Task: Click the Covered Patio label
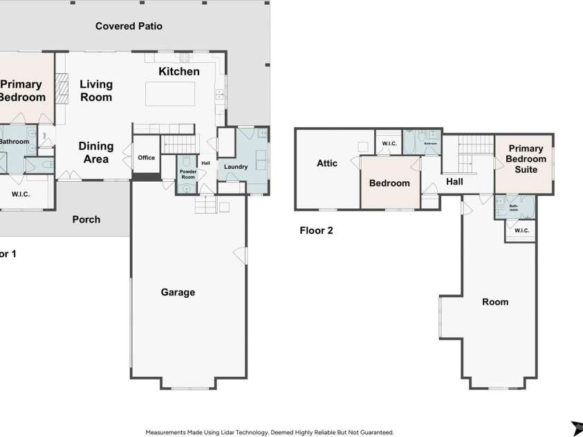coord(129,26)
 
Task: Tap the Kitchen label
coord(179,72)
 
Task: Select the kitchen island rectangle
coord(170,93)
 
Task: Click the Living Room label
coord(95,91)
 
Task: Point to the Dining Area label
coord(95,153)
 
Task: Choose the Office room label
coord(146,158)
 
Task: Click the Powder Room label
coord(187,174)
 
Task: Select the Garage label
coord(178,292)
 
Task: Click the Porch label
coord(86,220)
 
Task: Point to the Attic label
coord(327,163)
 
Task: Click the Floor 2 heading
coord(316,231)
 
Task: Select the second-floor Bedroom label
coord(389,183)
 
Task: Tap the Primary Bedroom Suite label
coord(526,158)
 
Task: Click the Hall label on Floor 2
coord(454,182)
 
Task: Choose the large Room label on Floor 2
coord(494,302)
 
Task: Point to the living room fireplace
coord(62,89)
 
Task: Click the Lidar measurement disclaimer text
coord(270,432)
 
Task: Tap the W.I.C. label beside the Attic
coord(388,144)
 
